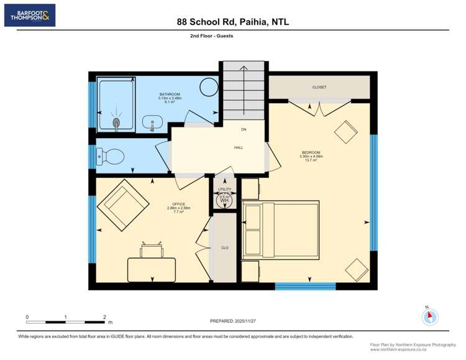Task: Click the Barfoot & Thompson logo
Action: [x=30, y=15]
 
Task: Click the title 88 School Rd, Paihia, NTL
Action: [x=233, y=22]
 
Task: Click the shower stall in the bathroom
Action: [x=116, y=104]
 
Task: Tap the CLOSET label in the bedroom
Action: [x=319, y=87]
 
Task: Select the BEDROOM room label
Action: [x=311, y=152]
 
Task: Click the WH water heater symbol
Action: [x=224, y=201]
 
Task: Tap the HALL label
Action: [x=239, y=147]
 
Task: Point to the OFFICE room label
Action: [x=179, y=204]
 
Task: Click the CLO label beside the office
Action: [x=225, y=247]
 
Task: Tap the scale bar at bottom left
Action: [x=65, y=321]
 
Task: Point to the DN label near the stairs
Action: [x=244, y=130]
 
